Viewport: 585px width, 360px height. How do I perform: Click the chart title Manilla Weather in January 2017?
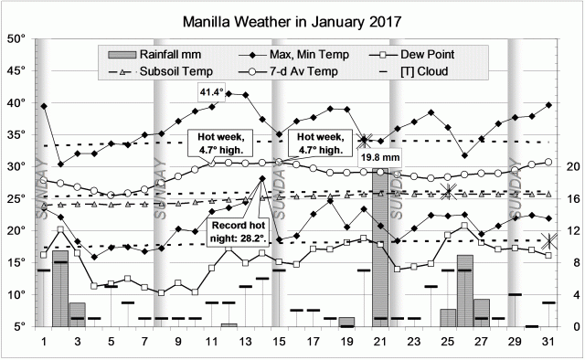coord(292,18)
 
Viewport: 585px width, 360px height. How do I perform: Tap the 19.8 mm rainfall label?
coord(378,157)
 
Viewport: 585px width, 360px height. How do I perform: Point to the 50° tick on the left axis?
coord(17,39)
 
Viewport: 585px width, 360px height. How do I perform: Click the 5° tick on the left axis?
coord(20,326)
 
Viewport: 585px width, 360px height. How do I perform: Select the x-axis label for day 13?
coord(245,342)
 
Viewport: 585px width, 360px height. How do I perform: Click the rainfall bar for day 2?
coord(60,283)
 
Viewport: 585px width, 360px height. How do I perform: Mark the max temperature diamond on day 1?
coord(44,107)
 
